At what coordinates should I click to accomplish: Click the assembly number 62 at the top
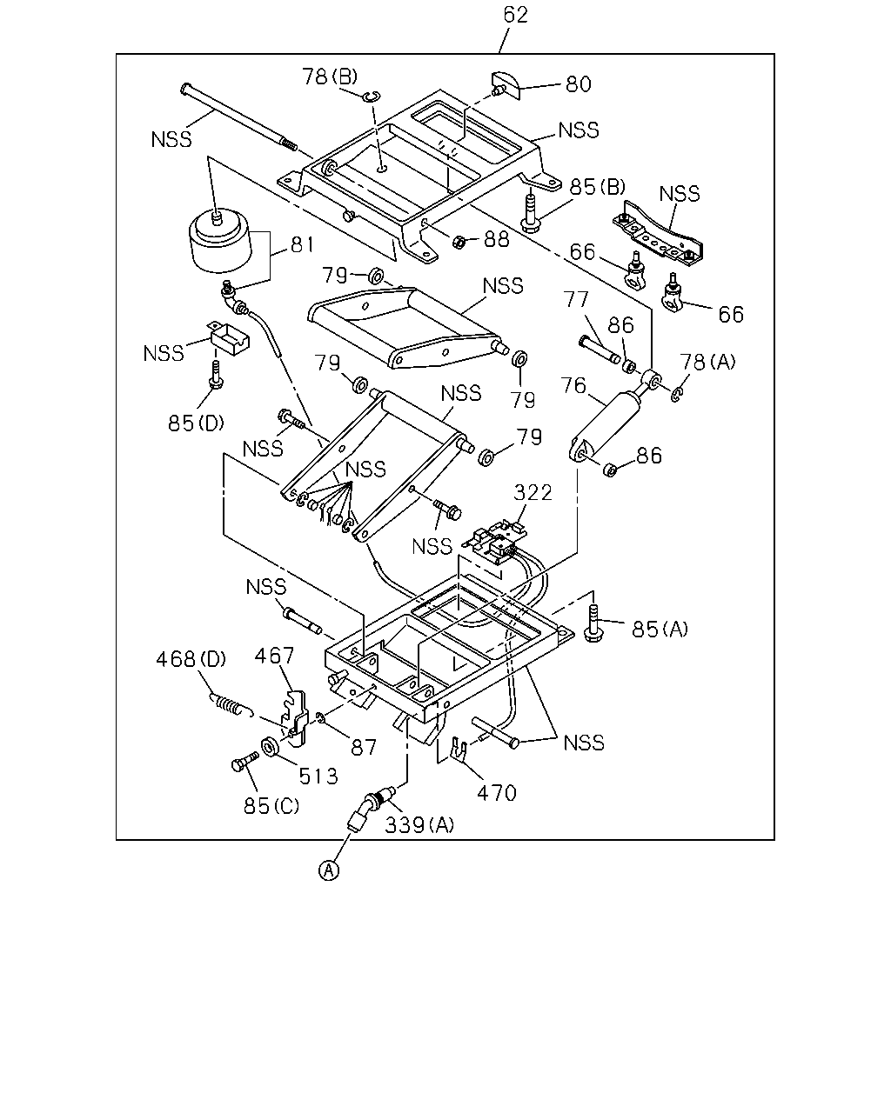516,15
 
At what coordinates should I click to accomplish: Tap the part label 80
579,84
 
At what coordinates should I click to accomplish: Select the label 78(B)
330,77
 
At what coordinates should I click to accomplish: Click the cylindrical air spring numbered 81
219,241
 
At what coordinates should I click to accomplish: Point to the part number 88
497,239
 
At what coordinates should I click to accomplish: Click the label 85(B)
598,187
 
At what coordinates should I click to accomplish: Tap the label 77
576,299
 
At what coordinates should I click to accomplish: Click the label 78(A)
707,362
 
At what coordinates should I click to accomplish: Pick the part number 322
533,492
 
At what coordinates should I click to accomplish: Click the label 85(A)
660,630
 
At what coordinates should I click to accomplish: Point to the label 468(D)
191,659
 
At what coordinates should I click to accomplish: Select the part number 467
274,656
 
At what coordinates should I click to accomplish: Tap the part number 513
318,776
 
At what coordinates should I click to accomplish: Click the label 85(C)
271,806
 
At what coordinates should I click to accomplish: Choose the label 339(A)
419,825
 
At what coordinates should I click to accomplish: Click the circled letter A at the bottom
329,870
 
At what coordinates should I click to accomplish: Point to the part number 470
497,793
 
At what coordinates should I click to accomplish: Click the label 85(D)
196,423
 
